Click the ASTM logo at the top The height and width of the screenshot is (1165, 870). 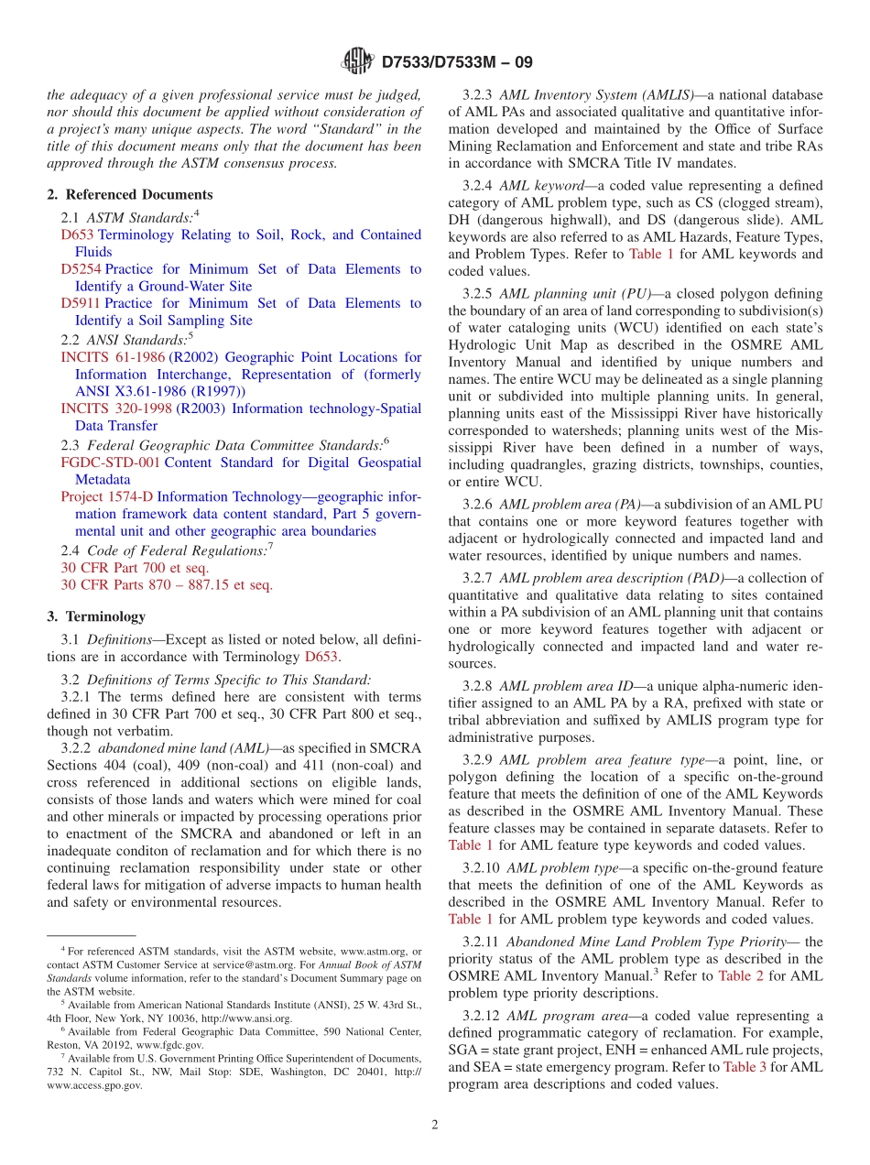(x=357, y=61)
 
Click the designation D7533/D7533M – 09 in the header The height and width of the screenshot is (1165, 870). (x=456, y=62)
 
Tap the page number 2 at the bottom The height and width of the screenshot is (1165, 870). (x=435, y=1126)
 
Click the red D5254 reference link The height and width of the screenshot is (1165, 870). (x=81, y=269)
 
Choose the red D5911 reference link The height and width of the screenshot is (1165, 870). (x=81, y=303)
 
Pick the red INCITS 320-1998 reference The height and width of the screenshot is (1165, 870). (x=116, y=408)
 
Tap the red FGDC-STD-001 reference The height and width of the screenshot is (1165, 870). (x=110, y=463)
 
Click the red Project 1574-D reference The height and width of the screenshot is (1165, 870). (x=107, y=496)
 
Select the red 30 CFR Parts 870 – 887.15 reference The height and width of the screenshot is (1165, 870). (x=167, y=584)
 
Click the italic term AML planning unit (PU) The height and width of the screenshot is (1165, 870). (x=575, y=294)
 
